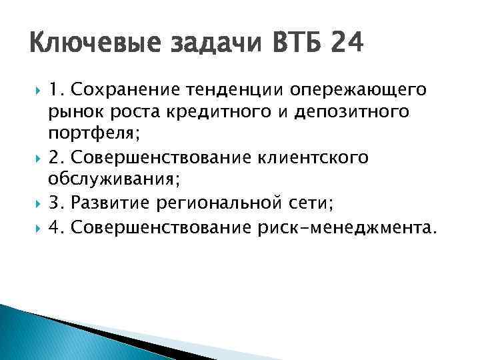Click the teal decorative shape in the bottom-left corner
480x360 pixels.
pos(40,333)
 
